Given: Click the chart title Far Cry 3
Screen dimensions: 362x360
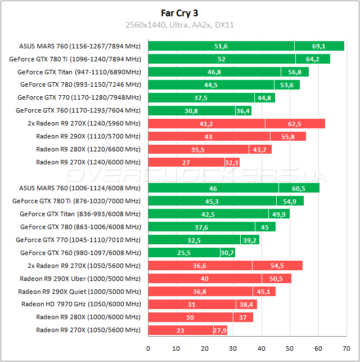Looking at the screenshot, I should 179,12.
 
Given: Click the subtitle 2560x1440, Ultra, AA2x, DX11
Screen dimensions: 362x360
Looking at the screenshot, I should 179,25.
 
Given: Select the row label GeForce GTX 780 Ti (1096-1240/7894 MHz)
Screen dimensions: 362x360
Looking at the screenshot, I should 75,59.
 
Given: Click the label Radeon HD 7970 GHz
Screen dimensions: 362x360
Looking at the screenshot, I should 81,304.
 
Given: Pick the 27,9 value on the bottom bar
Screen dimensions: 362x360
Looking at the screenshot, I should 220,330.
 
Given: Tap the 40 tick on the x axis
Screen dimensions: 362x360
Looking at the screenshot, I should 262,347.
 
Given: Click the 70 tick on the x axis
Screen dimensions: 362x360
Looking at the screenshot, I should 346,347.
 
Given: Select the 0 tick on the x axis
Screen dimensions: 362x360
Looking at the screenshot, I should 148,347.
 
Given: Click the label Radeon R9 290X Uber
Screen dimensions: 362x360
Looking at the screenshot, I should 80,278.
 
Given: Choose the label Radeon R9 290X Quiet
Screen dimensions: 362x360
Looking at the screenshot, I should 79,291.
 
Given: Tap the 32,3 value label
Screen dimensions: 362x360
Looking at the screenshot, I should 231,162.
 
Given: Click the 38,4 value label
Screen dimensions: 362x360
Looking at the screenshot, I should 247,304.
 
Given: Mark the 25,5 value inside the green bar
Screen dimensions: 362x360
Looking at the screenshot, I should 184,253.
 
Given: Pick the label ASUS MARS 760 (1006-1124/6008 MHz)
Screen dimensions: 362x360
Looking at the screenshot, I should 80,188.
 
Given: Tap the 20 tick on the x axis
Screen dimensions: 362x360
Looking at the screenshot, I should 205,347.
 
